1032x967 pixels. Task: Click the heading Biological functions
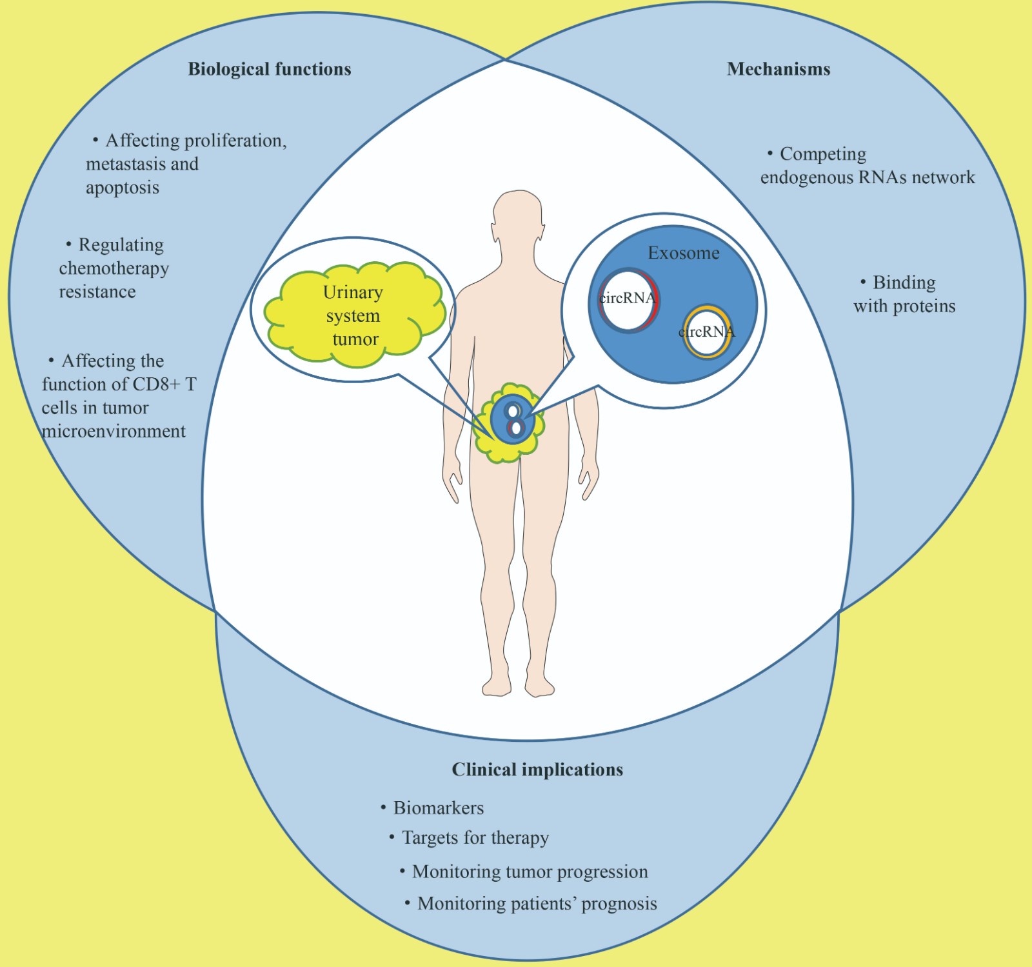pos(269,69)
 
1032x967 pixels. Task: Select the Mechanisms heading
pos(778,69)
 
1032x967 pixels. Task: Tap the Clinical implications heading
pos(537,769)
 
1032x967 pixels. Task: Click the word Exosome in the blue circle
pos(683,253)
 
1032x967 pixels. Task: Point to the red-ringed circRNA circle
pos(628,300)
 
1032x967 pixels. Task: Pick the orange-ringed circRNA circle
pos(707,332)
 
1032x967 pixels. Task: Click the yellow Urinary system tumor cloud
pos(353,315)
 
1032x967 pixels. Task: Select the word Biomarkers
pos(438,808)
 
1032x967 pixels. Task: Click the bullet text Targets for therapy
pos(475,837)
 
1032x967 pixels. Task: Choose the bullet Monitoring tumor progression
pos(530,872)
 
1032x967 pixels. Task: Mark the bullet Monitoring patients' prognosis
pos(537,903)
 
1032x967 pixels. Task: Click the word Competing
pos(823,154)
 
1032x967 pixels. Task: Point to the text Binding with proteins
pos(904,294)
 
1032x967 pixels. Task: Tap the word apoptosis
pos(123,188)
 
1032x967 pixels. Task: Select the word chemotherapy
pos(114,268)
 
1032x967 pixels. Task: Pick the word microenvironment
pos(114,431)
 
